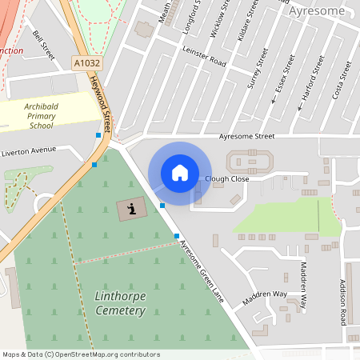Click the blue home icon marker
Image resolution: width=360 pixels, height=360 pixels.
point(180,173)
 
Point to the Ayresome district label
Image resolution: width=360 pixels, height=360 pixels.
point(318,11)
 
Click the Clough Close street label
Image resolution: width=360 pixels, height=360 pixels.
point(227,178)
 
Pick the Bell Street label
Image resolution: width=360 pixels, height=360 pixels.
point(44,45)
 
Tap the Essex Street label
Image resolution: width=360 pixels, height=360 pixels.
point(285,72)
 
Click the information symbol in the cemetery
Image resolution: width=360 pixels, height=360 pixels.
point(131,210)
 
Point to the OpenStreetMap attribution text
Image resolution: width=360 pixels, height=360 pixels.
point(82,354)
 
